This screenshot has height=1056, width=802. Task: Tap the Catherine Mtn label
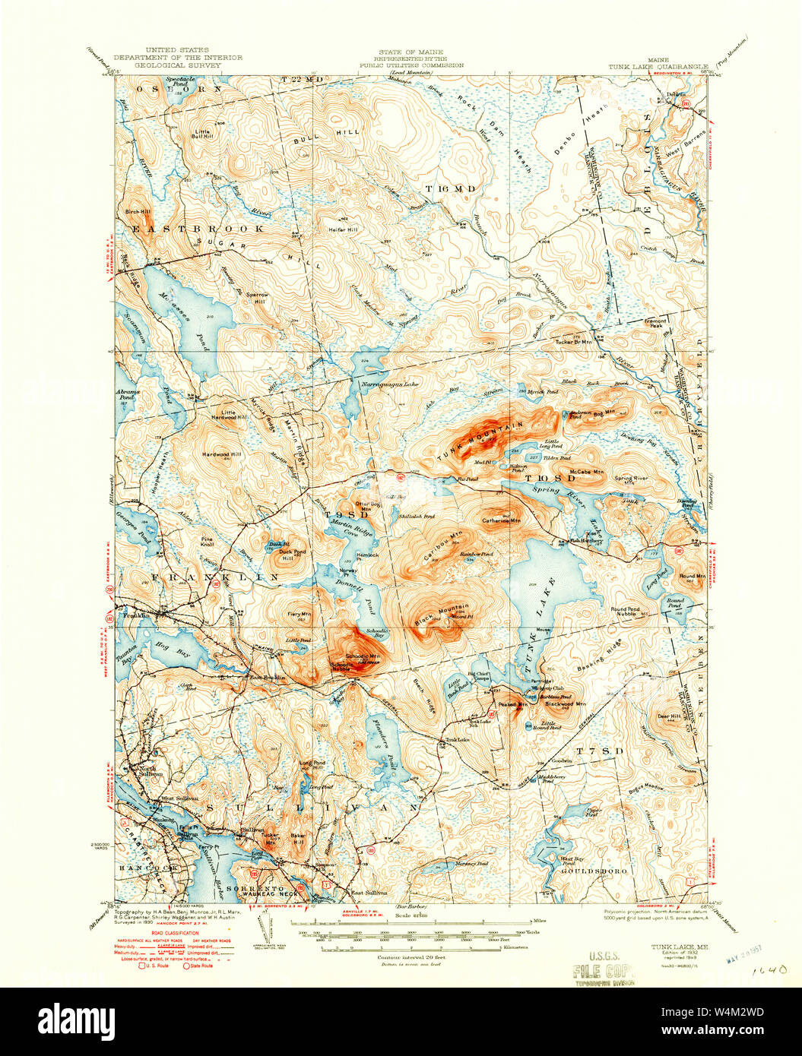click(x=501, y=521)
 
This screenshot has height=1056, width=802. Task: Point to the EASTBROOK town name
click(x=199, y=228)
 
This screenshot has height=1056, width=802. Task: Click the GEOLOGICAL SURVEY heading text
click(x=178, y=66)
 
